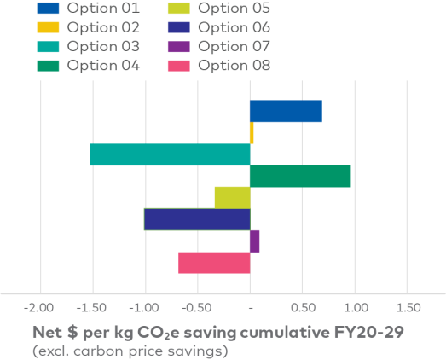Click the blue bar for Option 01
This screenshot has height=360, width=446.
pyautogui.click(x=286, y=111)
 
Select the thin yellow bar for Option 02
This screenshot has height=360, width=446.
pyautogui.click(x=252, y=133)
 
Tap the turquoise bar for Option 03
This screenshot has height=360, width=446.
pyautogui.click(x=170, y=154)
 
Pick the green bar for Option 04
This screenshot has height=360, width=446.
pyautogui.click(x=300, y=176)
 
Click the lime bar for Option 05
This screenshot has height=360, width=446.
pyautogui.click(x=232, y=197)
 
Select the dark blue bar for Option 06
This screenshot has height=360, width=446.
pyautogui.click(x=197, y=219)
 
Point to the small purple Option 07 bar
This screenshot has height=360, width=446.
pyautogui.click(x=255, y=241)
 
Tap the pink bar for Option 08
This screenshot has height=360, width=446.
pyautogui.click(x=214, y=263)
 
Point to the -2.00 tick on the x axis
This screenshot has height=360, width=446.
pyautogui.click(x=39, y=307)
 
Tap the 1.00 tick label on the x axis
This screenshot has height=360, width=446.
pyautogui.click(x=355, y=307)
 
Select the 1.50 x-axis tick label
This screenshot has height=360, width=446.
pyautogui.click(x=408, y=307)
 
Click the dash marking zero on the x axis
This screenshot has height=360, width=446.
pyautogui.click(x=250, y=307)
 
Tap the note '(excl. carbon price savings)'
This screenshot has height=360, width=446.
pyautogui.click(x=130, y=350)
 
